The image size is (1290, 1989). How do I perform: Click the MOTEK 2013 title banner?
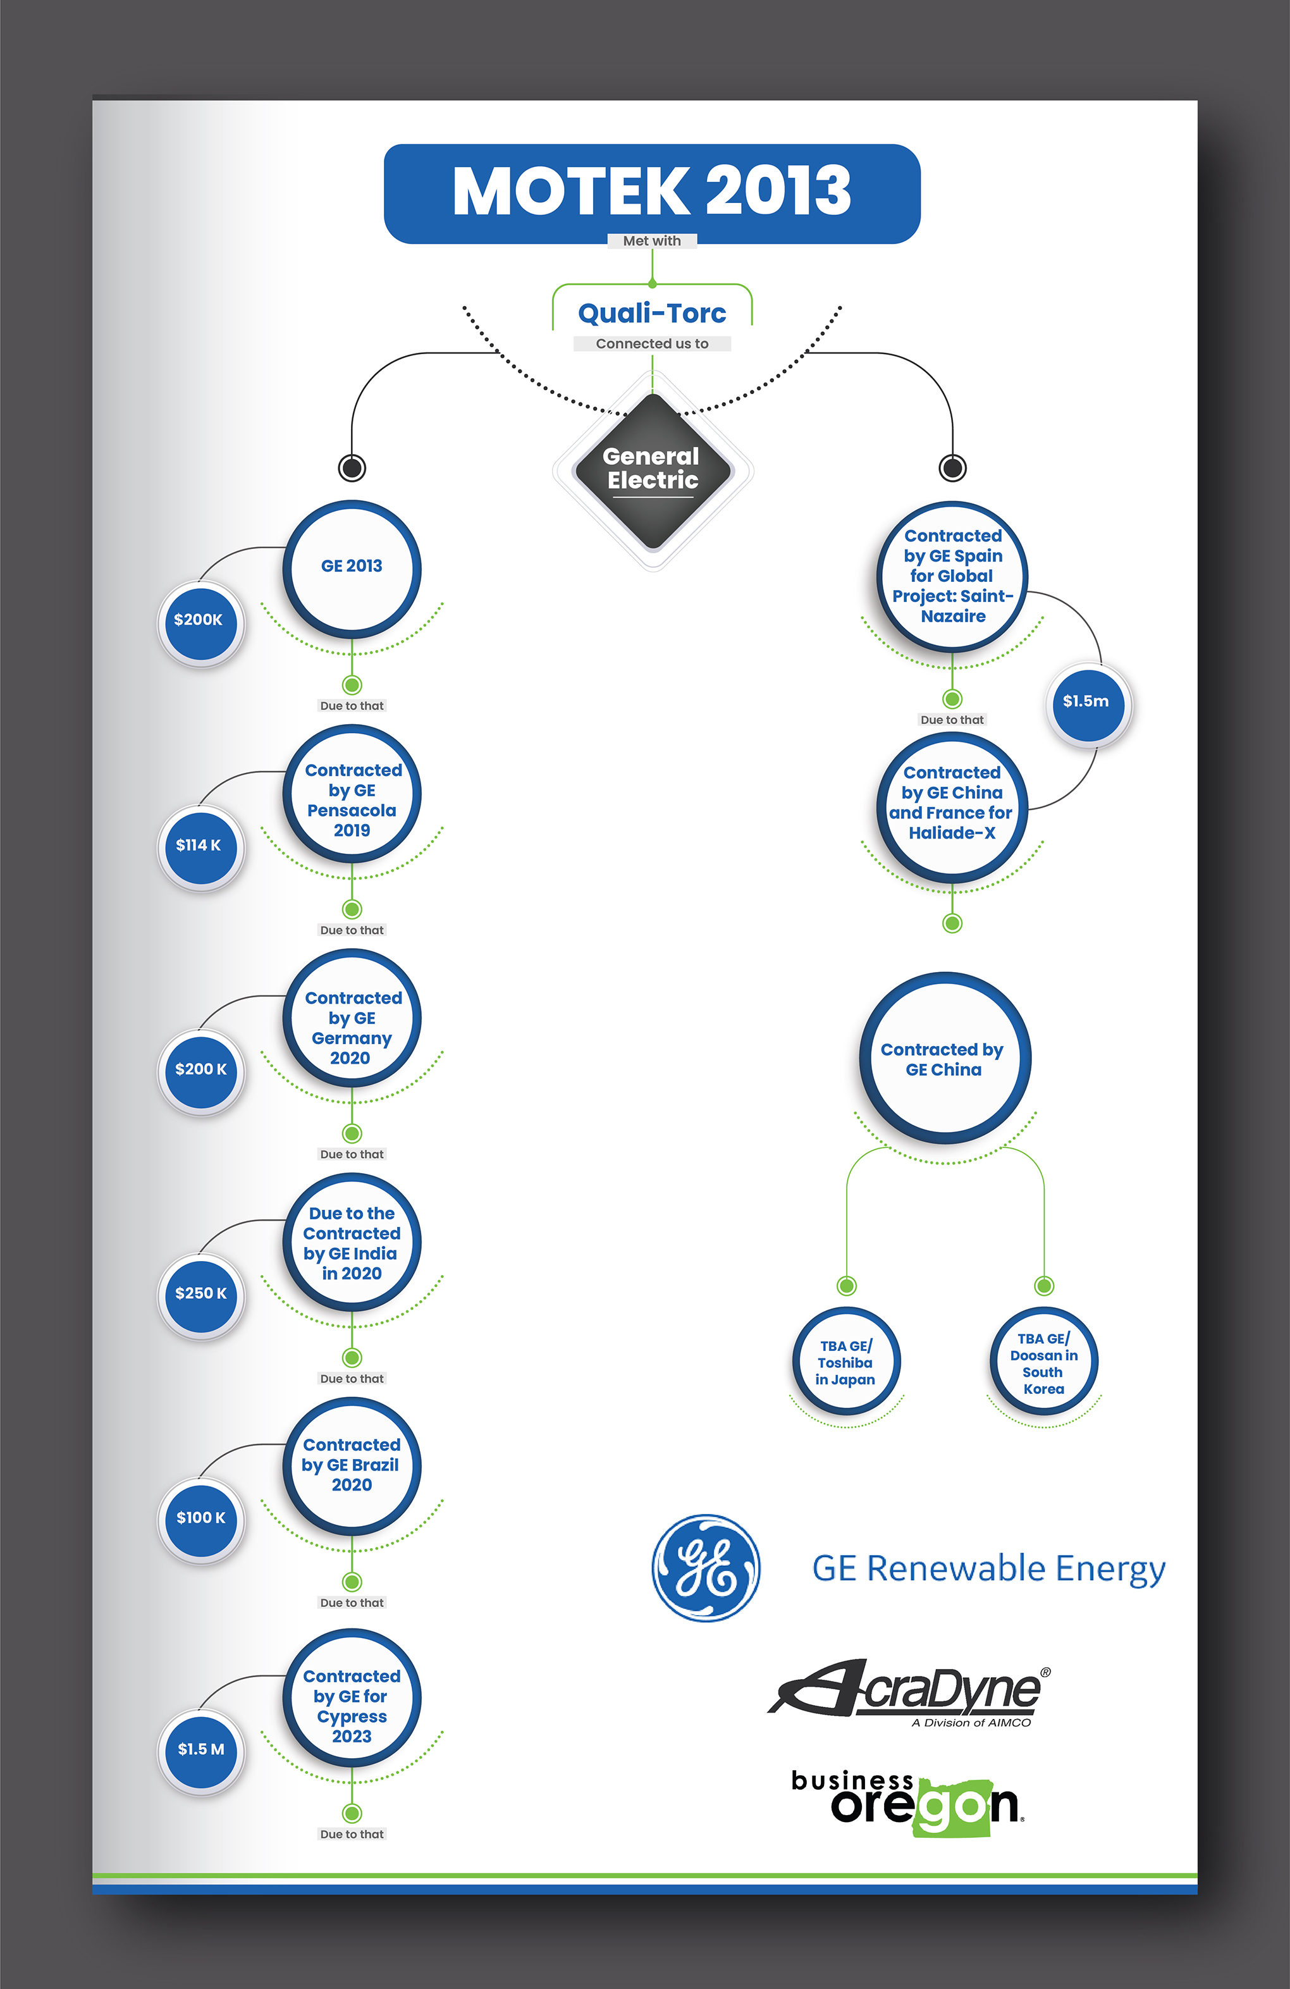(652, 192)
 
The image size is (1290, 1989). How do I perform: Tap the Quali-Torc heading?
(652, 314)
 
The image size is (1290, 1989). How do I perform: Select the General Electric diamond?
(653, 471)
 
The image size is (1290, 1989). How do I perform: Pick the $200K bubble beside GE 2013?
(200, 621)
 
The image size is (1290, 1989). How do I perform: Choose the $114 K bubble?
(200, 846)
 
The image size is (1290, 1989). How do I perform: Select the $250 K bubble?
(200, 1294)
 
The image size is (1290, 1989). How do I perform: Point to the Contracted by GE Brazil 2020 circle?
(352, 1466)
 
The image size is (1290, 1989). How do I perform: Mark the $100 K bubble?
(200, 1518)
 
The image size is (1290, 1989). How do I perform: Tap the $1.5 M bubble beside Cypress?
(200, 1750)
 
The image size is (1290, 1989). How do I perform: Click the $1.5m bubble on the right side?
(1086, 703)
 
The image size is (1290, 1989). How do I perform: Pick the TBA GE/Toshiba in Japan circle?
(845, 1362)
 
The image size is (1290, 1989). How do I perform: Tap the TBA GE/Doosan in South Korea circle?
(1043, 1362)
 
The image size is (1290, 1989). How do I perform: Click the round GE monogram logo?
(706, 1568)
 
